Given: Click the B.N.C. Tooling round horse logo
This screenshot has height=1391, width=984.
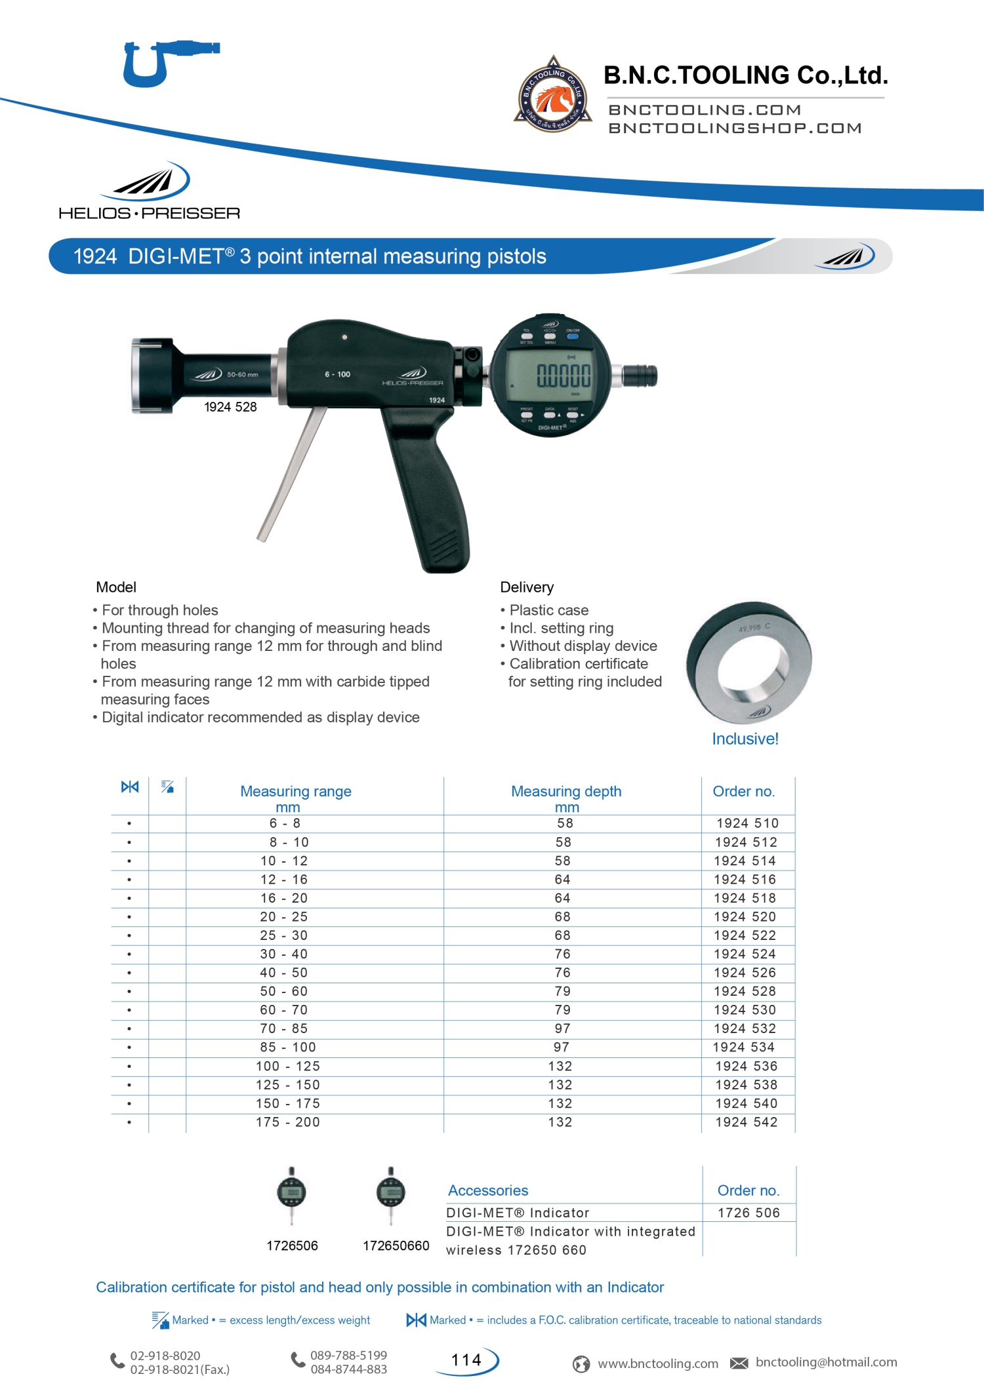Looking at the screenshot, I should coord(552,95).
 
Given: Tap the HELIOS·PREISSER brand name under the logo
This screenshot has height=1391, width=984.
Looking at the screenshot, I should coord(149,214).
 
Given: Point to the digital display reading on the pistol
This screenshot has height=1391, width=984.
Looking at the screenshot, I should coord(564,376).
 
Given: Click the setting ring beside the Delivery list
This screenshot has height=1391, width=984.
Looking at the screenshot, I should coord(748,662).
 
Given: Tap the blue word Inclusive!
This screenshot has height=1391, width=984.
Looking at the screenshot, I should coord(745,739).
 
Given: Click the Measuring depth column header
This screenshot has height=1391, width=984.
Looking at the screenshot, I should coord(566,792).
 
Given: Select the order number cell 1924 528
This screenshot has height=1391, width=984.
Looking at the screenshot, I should coord(745,992).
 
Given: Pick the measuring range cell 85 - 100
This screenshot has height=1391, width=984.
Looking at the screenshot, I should coord(287,1048).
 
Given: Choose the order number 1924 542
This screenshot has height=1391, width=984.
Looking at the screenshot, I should coord(747,1122).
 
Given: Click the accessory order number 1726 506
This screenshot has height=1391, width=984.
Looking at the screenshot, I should coord(748,1213).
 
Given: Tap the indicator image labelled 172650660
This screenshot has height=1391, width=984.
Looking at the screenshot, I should coord(391,1196).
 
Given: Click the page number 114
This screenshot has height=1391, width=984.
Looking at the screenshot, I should coord(466,1360).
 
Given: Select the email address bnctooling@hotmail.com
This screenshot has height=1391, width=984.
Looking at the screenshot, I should coord(826,1362).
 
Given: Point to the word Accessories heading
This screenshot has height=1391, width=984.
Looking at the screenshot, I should coord(488,1190).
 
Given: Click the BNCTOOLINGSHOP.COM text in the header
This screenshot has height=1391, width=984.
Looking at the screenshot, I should coord(735,128).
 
